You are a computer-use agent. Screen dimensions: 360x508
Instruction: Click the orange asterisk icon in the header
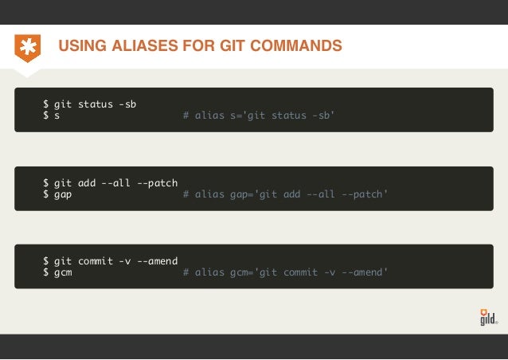click(x=28, y=47)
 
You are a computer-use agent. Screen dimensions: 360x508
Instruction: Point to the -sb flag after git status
click(x=126, y=104)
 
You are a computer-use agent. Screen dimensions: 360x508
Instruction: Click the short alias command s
click(x=57, y=116)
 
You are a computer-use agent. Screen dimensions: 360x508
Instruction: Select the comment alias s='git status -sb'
click(x=259, y=116)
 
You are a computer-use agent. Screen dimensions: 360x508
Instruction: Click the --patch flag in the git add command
click(x=158, y=182)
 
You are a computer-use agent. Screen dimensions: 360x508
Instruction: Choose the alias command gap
click(x=63, y=194)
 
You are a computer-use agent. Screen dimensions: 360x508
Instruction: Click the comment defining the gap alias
click(x=285, y=194)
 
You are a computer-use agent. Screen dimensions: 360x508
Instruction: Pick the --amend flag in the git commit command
click(x=158, y=260)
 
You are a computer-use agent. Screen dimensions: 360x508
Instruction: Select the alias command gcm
click(x=63, y=272)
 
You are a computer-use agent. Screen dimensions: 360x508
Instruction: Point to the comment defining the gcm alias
click(x=285, y=272)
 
